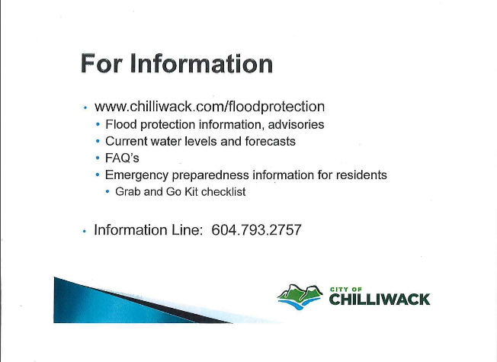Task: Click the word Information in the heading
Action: point(201,63)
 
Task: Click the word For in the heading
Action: point(101,63)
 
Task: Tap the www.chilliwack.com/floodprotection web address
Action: point(210,107)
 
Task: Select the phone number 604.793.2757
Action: point(256,230)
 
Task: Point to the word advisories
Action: point(296,124)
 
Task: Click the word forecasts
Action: point(270,142)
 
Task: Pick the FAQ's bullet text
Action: point(122,158)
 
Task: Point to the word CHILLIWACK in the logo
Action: point(380,300)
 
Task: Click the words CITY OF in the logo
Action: point(346,289)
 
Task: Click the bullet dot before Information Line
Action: point(85,231)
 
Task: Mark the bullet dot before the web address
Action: point(85,107)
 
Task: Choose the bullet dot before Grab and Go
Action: point(107,192)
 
